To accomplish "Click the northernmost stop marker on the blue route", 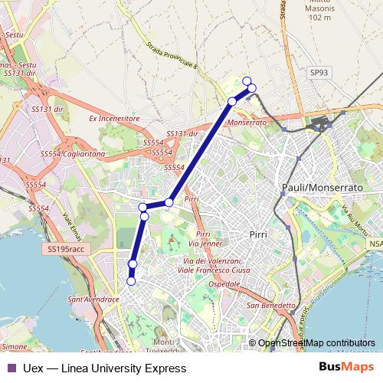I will [247, 81].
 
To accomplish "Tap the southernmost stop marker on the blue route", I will [131, 281].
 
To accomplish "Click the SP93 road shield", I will [319, 72].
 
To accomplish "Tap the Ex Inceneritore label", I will [114, 119].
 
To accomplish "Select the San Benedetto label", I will [270, 306].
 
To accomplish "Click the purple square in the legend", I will [11, 368].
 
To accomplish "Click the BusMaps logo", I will [347, 368].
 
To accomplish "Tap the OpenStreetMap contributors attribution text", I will [316, 342].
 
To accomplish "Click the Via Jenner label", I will [209, 244].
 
